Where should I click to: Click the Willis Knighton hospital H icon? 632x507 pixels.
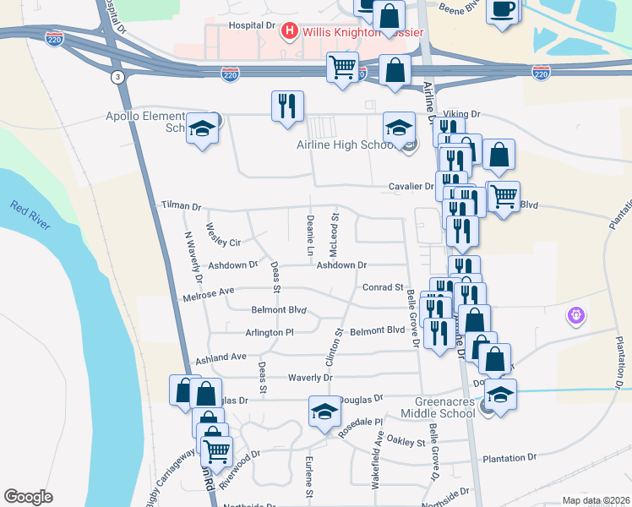coord(290,32)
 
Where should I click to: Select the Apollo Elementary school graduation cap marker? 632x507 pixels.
coord(202,129)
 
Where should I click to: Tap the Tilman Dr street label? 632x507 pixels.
coord(181,206)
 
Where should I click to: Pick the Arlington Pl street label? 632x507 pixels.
coord(268,333)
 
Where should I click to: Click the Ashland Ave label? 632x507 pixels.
coord(221,358)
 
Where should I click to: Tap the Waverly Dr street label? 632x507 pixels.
coord(310,378)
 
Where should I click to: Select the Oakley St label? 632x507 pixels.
coord(406,441)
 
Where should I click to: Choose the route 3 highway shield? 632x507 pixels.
coord(116,77)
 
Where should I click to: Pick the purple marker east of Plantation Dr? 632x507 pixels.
coord(577,316)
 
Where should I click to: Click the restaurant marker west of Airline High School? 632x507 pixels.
coord(287,106)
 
